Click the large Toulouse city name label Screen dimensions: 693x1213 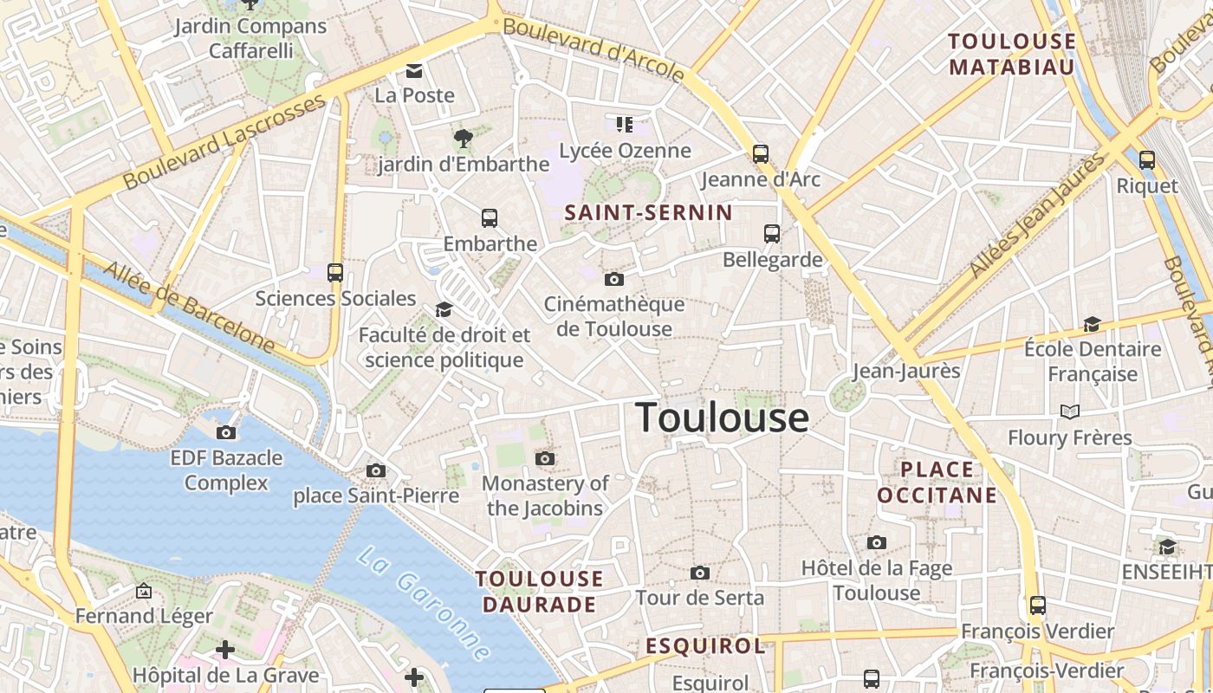pyautogui.click(x=723, y=418)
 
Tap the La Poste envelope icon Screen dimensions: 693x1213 pyautogui.click(x=415, y=70)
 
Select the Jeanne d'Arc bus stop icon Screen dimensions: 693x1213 pyautogui.click(x=761, y=154)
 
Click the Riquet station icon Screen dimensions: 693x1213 pyautogui.click(x=1147, y=160)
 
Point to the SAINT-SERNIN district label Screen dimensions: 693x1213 pyautogui.click(x=648, y=212)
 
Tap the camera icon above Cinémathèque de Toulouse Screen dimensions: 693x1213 pyautogui.click(x=614, y=279)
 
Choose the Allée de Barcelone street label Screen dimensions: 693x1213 pyautogui.click(x=189, y=307)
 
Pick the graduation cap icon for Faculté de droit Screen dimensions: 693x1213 pyautogui.click(x=444, y=310)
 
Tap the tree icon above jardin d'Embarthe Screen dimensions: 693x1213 pyautogui.click(x=464, y=138)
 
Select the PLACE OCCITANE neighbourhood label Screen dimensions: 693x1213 pyautogui.click(x=937, y=483)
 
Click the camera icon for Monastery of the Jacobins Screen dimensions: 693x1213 pyautogui.click(x=545, y=458)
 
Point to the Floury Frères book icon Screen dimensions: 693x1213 pyautogui.click(x=1070, y=411)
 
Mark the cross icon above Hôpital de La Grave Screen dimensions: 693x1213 pyautogui.click(x=225, y=649)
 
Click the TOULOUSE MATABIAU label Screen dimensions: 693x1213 pyautogui.click(x=1012, y=54)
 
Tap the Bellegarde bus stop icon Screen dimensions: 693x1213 pyautogui.click(x=772, y=234)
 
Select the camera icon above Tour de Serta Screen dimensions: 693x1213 pyautogui.click(x=700, y=573)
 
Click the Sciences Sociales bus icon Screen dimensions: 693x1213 pyautogui.click(x=335, y=273)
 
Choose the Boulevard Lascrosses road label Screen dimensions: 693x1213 pyautogui.click(x=224, y=142)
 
